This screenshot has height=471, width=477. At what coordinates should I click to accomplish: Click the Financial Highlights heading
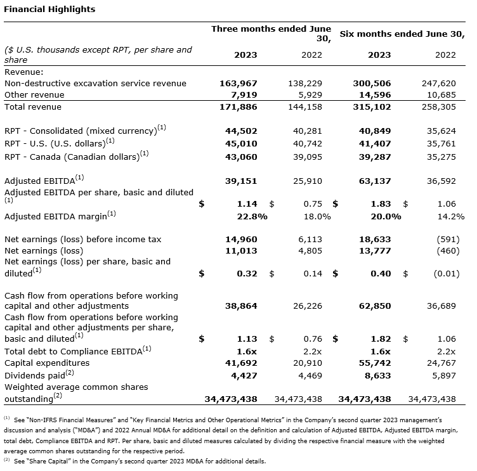click(49, 10)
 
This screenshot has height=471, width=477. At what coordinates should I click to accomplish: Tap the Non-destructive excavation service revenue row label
click(95, 83)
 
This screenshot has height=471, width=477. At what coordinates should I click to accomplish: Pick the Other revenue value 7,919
click(245, 95)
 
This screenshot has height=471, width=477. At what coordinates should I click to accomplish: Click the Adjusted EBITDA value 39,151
click(242, 181)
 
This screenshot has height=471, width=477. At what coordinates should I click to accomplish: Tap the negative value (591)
click(443, 240)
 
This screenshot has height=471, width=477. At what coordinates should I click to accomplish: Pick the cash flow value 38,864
click(242, 306)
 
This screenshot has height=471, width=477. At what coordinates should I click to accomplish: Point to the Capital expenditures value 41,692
click(242, 363)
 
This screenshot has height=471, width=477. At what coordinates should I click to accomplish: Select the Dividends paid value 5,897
click(442, 375)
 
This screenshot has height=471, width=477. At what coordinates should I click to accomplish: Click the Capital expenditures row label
click(47, 363)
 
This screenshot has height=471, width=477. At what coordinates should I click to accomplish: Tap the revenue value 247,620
click(439, 83)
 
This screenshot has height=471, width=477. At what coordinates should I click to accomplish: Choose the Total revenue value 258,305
click(439, 107)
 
